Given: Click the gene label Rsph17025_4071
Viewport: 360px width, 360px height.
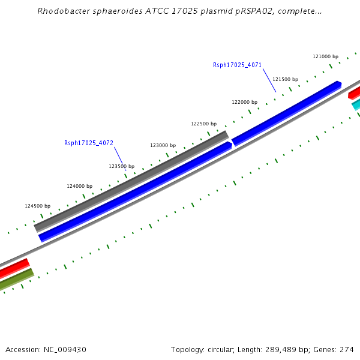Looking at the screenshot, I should tap(237, 65).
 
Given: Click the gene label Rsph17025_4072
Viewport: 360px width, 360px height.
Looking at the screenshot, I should tap(89, 143).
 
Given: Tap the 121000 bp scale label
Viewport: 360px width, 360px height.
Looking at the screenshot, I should tap(326, 56).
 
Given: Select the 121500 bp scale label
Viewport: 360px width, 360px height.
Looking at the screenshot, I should tap(285, 79).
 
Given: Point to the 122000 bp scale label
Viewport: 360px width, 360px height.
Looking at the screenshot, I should tap(244, 102).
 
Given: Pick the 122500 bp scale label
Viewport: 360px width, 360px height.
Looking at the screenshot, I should tap(203, 124).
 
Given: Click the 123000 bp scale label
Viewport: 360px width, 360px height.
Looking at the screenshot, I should tap(163, 145).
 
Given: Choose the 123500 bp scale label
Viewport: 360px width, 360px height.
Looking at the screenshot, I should tap(121, 166).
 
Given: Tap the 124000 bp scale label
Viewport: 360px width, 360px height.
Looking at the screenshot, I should tap(80, 186).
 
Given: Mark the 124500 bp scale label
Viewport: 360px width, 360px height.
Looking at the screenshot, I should tap(38, 206).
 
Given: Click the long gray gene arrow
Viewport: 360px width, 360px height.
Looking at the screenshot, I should tap(132, 181).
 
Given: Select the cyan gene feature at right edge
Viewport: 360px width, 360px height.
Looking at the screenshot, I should tap(356, 104).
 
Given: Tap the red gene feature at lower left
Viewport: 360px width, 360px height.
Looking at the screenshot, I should tap(14, 268).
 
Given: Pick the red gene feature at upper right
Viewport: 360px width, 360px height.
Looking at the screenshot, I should tap(355, 92).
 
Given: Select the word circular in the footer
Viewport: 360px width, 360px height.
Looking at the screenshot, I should tap(218, 349).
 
